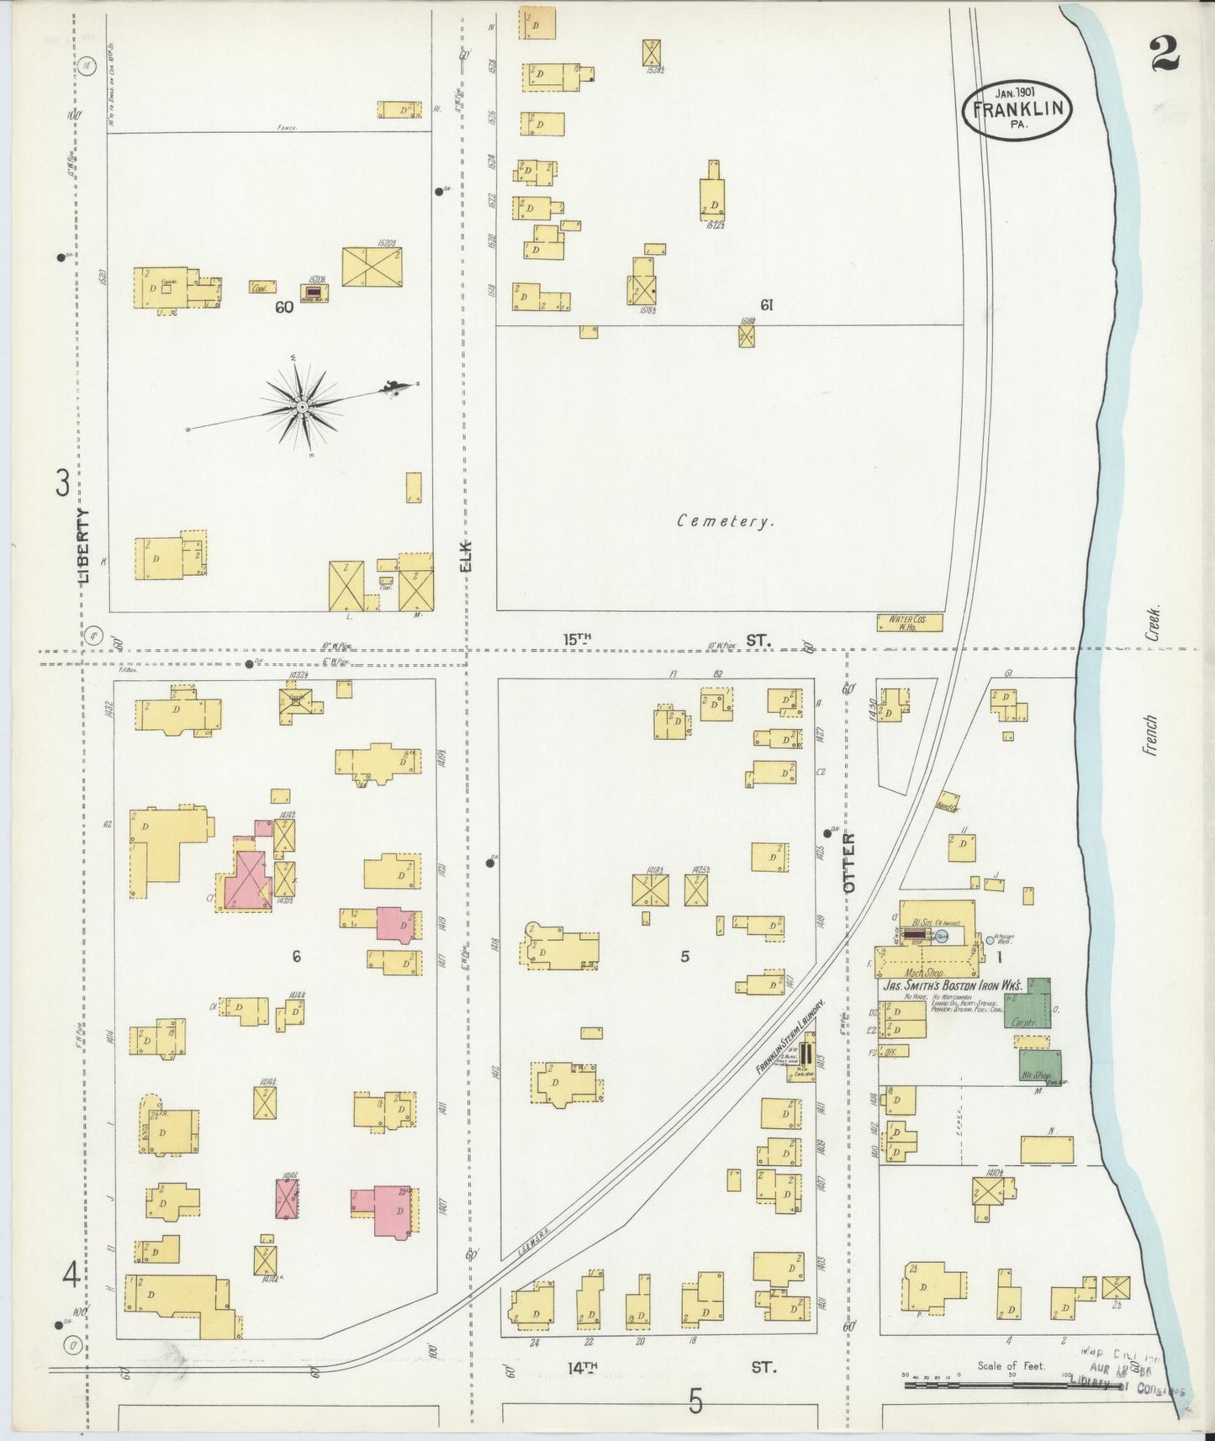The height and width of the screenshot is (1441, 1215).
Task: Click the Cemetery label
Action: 725,521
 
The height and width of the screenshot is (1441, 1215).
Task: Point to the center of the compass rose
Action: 302,408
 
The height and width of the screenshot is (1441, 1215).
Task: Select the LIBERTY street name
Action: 82,546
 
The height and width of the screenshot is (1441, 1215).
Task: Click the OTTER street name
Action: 848,862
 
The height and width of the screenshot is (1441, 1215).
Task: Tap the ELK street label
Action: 466,556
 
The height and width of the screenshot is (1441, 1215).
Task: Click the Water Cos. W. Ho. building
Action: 908,622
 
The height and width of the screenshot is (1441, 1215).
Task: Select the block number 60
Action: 283,308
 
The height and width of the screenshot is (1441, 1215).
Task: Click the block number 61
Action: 765,305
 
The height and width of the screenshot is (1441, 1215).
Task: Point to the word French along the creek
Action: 1150,735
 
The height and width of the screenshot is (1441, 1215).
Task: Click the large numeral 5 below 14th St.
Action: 695,1401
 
